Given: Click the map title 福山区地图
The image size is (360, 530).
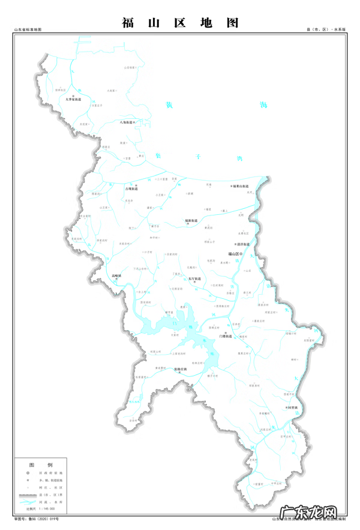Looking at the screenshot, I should coord(180,23).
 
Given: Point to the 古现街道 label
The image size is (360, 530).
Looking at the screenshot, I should coord(131,188).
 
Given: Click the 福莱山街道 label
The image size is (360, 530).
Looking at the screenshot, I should coord(245,187).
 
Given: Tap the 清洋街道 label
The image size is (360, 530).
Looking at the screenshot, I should coord(242,244).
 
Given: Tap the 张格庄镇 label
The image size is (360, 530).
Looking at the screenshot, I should coord(181,370).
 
